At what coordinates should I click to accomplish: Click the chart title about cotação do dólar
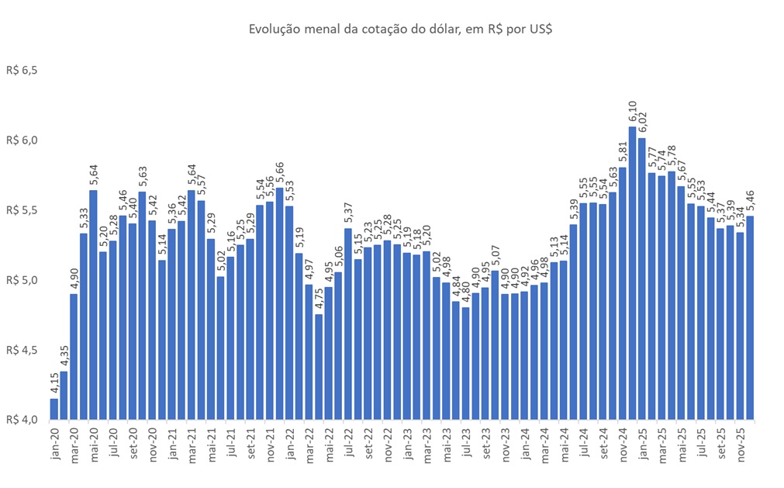(x=400, y=29)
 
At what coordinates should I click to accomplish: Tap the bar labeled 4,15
(x=54, y=409)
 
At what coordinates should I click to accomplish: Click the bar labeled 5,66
(x=279, y=303)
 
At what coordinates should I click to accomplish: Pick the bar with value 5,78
(x=671, y=295)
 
